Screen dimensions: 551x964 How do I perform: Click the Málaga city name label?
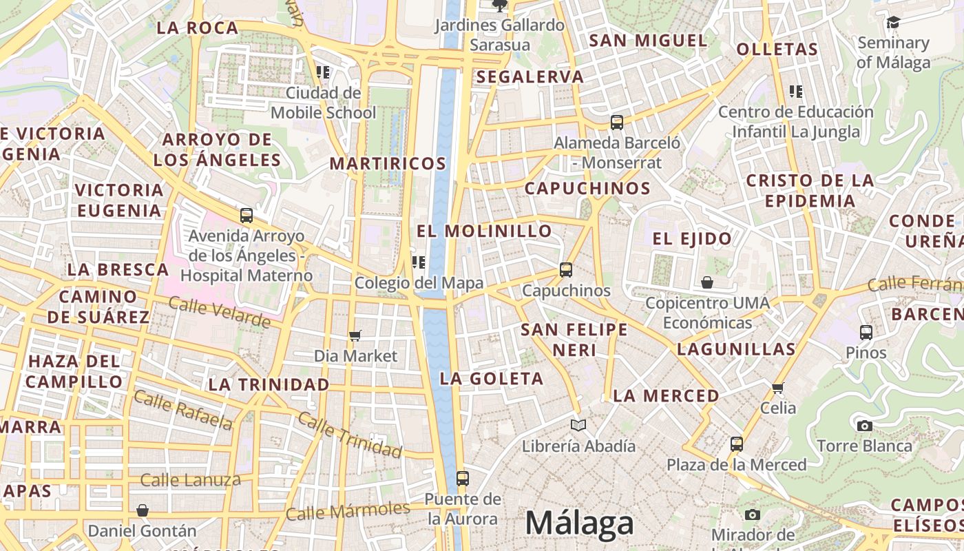click(x=579, y=523)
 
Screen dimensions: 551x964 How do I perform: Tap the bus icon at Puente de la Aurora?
click(x=463, y=478)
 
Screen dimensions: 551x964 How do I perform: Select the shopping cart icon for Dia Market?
click(x=355, y=335)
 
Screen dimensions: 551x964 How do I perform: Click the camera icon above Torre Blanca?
click(x=865, y=426)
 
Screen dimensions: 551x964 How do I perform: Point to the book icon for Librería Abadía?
click(x=579, y=426)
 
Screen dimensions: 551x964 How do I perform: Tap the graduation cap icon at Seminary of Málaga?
click(x=893, y=23)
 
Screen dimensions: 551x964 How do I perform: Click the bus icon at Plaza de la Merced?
click(x=737, y=444)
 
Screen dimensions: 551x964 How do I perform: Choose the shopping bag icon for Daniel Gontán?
click(x=143, y=510)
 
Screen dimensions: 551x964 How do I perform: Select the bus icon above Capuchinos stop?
click(x=566, y=270)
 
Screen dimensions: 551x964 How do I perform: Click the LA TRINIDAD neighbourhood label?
click(x=269, y=384)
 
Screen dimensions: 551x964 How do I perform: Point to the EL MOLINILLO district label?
click(x=484, y=231)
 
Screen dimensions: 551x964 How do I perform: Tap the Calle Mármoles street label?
click(x=348, y=510)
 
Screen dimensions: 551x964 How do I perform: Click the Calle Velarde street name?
click(x=220, y=312)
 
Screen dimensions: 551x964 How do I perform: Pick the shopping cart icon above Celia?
click(x=778, y=388)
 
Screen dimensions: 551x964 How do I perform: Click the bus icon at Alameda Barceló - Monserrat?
click(x=617, y=123)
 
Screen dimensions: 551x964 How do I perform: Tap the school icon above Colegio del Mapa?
click(x=419, y=262)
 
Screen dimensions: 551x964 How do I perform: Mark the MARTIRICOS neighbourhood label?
click(x=388, y=163)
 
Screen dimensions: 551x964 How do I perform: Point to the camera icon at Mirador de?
click(x=753, y=514)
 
